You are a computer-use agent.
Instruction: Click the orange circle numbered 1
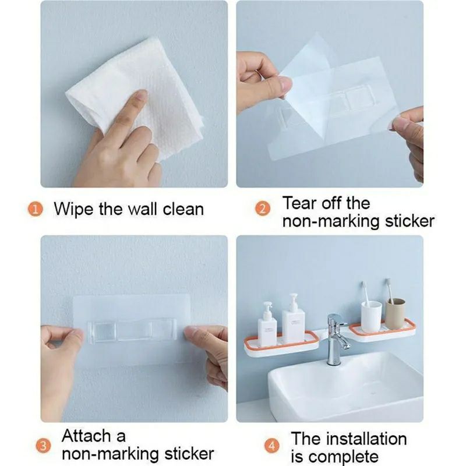point(36,209)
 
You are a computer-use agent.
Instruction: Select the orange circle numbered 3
point(44,446)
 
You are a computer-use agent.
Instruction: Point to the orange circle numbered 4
point(272,446)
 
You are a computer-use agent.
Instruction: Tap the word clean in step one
point(183,209)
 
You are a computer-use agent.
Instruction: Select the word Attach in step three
point(86,436)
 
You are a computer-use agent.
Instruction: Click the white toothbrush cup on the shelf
point(371,316)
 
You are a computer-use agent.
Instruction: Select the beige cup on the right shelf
point(396,314)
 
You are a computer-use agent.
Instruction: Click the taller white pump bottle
point(294,318)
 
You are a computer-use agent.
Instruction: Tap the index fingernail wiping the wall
point(142,95)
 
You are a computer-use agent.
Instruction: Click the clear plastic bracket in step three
point(131,330)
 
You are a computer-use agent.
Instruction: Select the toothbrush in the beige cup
point(389,290)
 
